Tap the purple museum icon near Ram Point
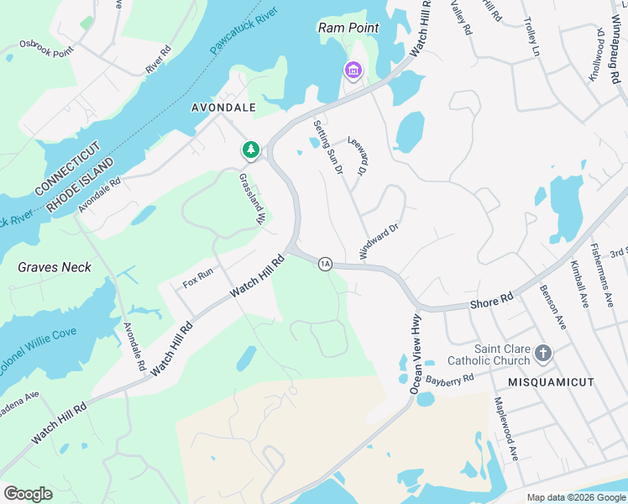353,70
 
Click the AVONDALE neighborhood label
222,108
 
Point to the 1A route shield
325,265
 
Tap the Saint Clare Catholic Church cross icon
543,353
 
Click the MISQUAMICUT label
551,382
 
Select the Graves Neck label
55,267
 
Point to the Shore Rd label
491,300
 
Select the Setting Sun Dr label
329,147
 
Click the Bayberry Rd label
450,380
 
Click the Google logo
28,494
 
